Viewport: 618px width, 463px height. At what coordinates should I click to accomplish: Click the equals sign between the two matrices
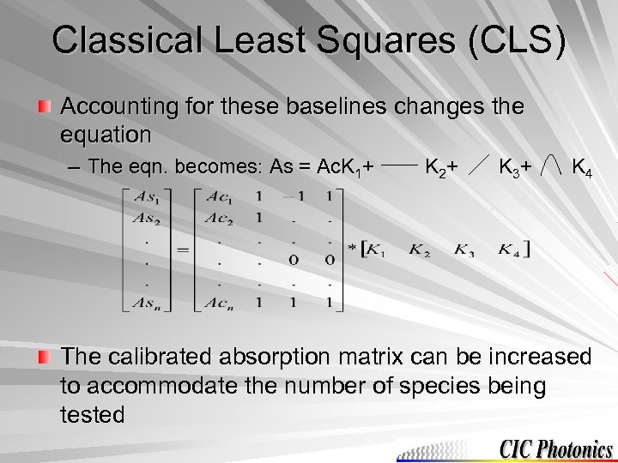coord(183,250)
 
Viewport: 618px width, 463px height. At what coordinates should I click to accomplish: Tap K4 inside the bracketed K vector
coord(512,250)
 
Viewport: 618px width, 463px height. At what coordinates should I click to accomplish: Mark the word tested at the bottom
coord(93,415)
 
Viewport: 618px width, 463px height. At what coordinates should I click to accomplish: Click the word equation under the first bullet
coord(106,135)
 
